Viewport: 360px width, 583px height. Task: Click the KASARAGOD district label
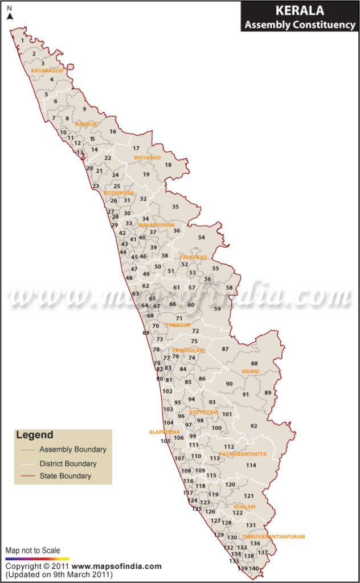47,71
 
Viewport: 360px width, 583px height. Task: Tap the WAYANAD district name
148,157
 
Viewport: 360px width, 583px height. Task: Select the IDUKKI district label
250,371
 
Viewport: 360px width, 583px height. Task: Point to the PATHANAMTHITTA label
243,454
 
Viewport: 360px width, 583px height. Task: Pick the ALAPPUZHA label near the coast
165,432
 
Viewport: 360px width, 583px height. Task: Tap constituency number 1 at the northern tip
22,40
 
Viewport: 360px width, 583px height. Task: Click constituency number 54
201,237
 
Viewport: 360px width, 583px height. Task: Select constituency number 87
225,349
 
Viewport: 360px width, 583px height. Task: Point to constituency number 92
253,426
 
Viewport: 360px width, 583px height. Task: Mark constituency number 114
251,465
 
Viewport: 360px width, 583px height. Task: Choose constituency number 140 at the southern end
254,569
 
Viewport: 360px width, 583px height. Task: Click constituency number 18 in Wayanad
168,165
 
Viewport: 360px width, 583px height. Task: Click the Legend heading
35,435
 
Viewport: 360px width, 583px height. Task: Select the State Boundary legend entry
65,476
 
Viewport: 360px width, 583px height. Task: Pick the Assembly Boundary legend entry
72,449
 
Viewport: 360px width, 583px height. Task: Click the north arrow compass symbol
10,16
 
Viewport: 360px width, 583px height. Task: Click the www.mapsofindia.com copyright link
117,566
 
